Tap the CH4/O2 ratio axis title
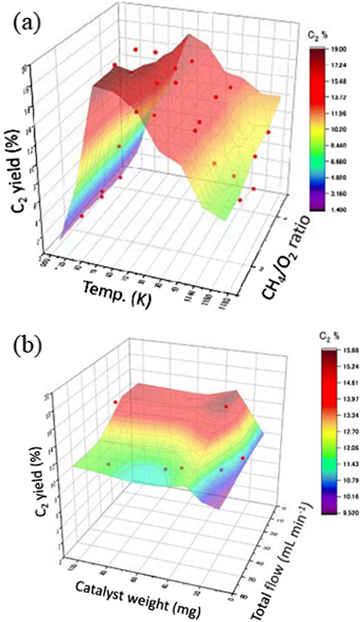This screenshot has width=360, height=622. coord(286,258)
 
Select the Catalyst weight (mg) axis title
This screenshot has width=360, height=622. coord(138,599)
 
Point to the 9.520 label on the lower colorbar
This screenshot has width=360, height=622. coord(351,513)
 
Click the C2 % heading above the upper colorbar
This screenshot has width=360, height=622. coord(317,35)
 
